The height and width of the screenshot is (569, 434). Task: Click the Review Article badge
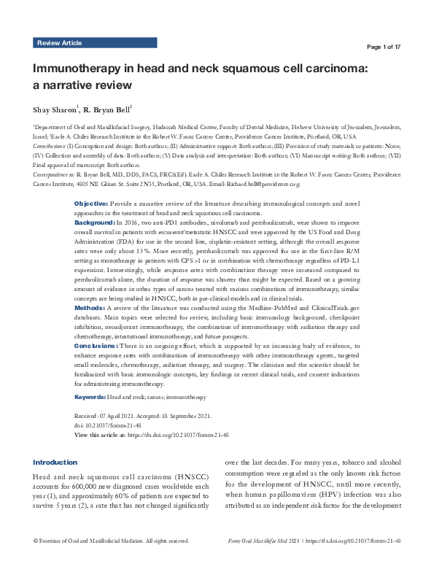(59, 44)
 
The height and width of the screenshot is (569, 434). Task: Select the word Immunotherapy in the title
(80, 69)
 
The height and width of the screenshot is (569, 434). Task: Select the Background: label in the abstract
(96, 219)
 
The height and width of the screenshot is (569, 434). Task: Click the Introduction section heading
(55, 462)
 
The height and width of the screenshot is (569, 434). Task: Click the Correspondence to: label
(54, 176)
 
